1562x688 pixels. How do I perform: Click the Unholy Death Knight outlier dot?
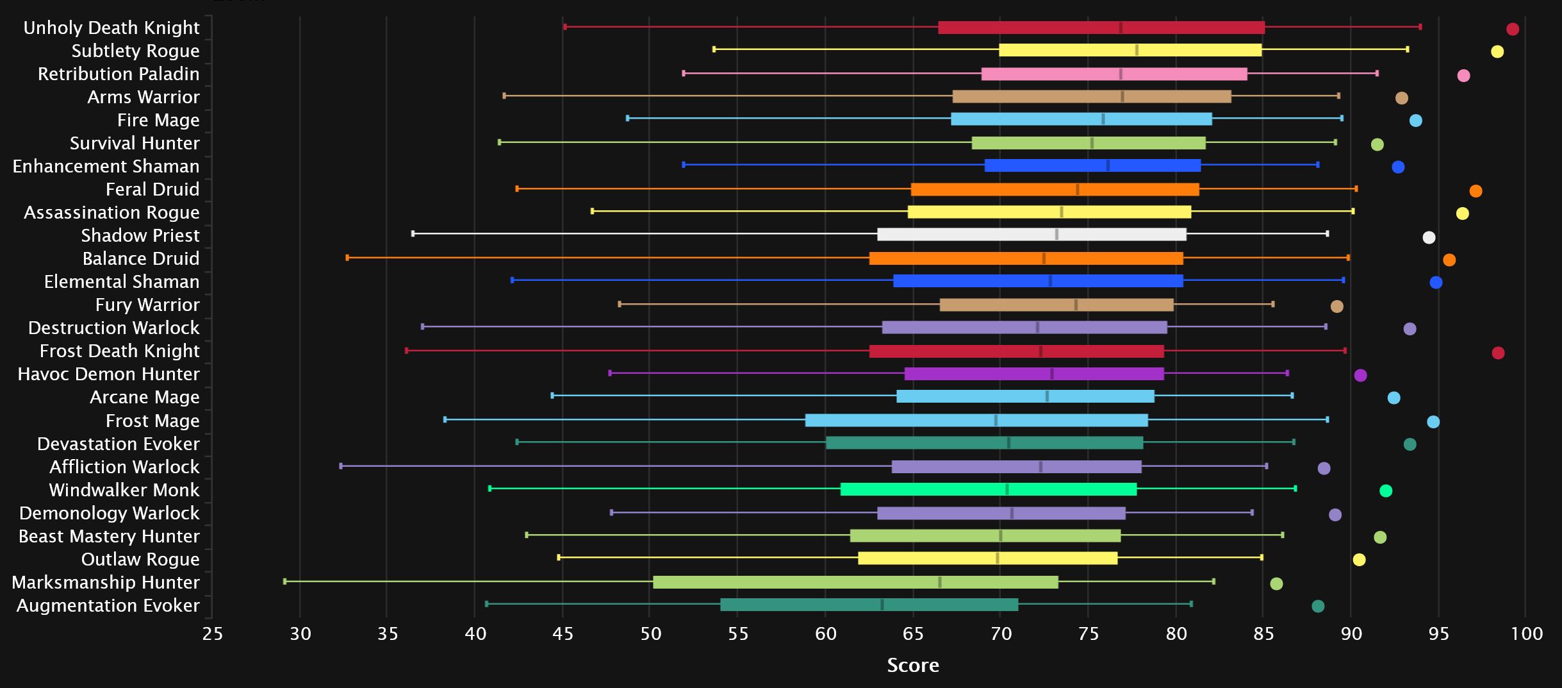[x=1513, y=29]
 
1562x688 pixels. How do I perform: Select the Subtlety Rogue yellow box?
[x=1130, y=50]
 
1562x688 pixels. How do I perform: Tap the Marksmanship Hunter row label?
[x=106, y=582]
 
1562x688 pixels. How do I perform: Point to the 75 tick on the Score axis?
[x=1088, y=634]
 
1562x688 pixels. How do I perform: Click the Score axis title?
[x=912, y=666]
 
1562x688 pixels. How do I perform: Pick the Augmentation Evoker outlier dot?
[x=1318, y=606]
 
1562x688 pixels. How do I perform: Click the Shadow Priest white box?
[x=1032, y=235]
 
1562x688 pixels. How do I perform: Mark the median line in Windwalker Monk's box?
[x=1007, y=489]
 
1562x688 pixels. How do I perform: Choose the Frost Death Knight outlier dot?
[x=1498, y=353]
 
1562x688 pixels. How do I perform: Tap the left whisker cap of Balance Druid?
[x=347, y=258]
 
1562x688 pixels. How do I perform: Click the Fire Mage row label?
[x=158, y=120]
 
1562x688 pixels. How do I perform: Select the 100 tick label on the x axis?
[x=1526, y=634]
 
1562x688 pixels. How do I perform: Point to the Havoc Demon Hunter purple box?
[x=1034, y=374]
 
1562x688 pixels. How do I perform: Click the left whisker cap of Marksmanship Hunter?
[x=285, y=582]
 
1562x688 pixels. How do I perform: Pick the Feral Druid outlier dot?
[x=1476, y=191]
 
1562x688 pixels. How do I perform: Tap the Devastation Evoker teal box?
[x=984, y=443]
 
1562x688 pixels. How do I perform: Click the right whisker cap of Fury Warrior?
[x=1272, y=304]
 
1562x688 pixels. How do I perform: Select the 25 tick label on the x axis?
[x=213, y=634]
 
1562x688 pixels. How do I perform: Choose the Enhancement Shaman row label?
[x=106, y=166]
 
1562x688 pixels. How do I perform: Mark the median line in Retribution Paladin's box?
[x=1121, y=74]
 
